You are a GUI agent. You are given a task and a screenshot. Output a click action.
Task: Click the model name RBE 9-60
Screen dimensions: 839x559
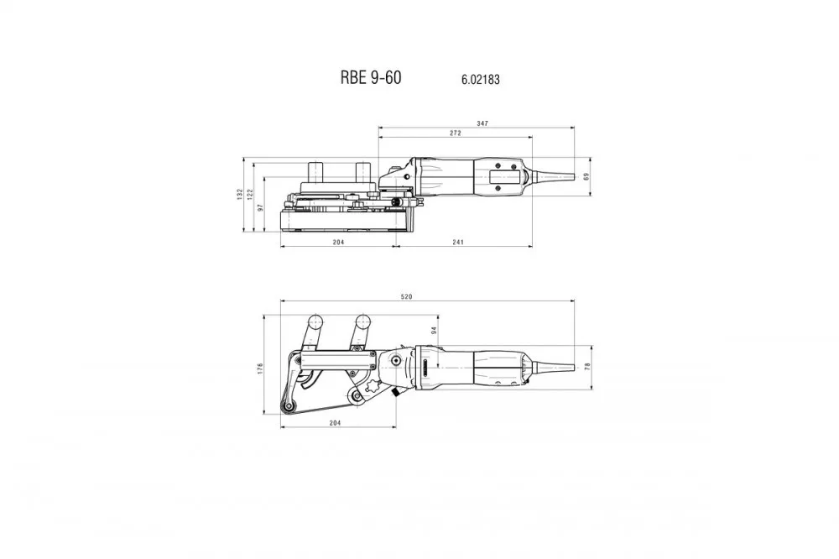(x=370, y=77)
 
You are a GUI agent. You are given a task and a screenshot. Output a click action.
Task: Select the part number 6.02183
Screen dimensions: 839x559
(x=481, y=79)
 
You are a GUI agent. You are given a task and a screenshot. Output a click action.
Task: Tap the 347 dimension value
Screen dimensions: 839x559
(x=482, y=123)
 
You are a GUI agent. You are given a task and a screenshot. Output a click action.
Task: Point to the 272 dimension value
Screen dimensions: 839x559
(x=455, y=133)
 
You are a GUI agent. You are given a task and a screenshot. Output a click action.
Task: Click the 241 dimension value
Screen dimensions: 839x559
(x=457, y=242)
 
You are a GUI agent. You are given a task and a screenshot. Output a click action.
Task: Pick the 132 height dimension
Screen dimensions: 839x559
(x=240, y=194)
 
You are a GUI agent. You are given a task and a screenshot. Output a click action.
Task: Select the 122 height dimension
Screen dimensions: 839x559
(x=250, y=194)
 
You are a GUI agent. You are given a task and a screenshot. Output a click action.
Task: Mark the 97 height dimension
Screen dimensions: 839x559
(x=261, y=207)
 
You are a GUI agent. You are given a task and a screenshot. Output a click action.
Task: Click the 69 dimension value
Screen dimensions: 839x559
(x=586, y=175)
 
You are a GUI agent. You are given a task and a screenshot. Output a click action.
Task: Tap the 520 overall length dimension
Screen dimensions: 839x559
(x=407, y=296)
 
